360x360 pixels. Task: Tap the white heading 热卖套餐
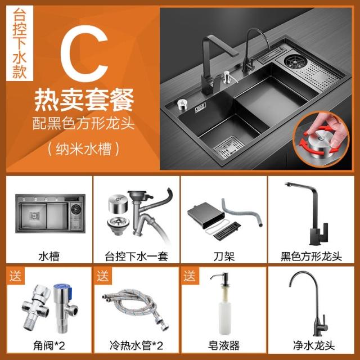pos(84,100)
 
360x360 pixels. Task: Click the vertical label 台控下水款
pos(20,43)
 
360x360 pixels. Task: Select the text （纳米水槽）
pos(84,148)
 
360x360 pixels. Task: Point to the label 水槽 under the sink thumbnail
pos(49,256)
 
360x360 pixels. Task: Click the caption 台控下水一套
pos(136,256)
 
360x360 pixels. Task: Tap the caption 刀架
pos(224,256)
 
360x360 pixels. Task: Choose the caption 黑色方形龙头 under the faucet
pos(311,256)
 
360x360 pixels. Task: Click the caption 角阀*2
pos(49,345)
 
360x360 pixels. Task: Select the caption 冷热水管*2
pos(136,345)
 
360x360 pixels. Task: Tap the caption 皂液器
pos(224,345)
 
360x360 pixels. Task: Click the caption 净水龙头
pos(314,345)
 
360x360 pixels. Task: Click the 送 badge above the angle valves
pos(15,276)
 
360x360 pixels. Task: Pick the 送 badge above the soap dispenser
pos(190,276)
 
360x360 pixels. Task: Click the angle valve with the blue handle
pos(64,308)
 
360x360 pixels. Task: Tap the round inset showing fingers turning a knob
pos(321,139)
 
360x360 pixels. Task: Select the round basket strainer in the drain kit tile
pos(118,225)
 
